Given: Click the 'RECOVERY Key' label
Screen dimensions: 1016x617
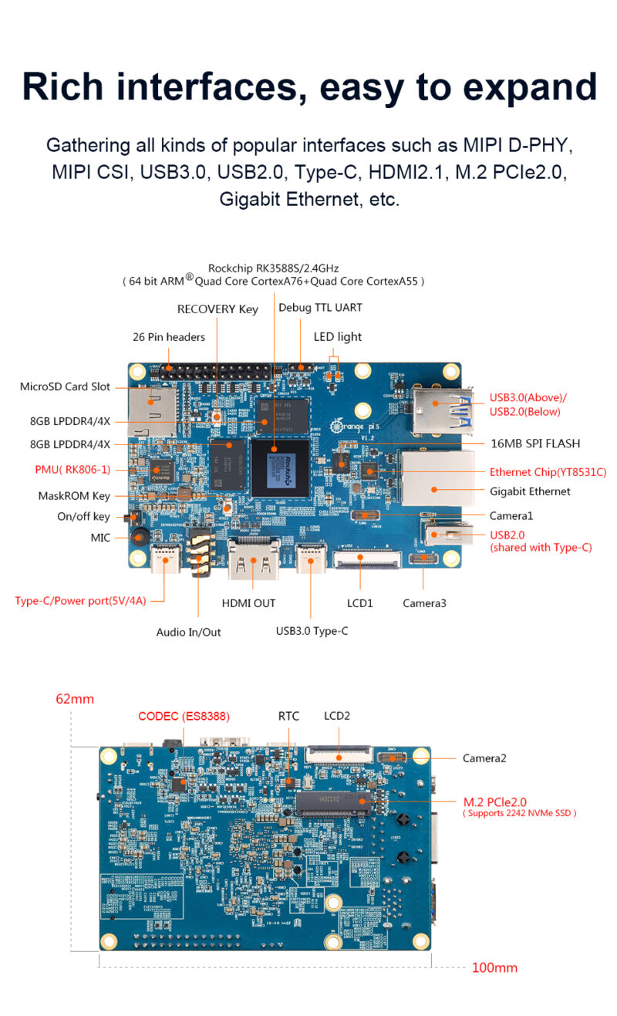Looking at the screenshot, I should click(x=217, y=309).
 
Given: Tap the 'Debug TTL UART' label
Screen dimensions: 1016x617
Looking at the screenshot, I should click(x=320, y=308).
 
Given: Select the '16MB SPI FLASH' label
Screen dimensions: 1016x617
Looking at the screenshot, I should click(x=535, y=444).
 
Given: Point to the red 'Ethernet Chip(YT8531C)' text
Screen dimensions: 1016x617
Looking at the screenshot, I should click(x=548, y=472).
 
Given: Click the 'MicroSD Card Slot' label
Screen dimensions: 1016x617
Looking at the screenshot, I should click(x=65, y=386).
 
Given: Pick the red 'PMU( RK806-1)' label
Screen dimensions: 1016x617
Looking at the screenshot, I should click(x=72, y=469).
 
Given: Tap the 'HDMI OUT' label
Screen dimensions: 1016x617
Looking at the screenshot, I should click(x=248, y=603).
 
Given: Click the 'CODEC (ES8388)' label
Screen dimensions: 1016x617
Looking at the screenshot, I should click(x=184, y=716).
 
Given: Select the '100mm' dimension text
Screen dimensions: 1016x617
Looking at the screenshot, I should click(x=494, y=967).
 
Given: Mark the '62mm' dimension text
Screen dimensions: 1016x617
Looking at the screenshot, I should click(x=75, y=699).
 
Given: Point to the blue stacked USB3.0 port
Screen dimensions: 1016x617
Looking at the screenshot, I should click(x=440, y=409).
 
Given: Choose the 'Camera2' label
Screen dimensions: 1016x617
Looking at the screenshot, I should click(x=484, y=758).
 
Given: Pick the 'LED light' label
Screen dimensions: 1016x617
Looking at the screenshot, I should click(x=337, y=337).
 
